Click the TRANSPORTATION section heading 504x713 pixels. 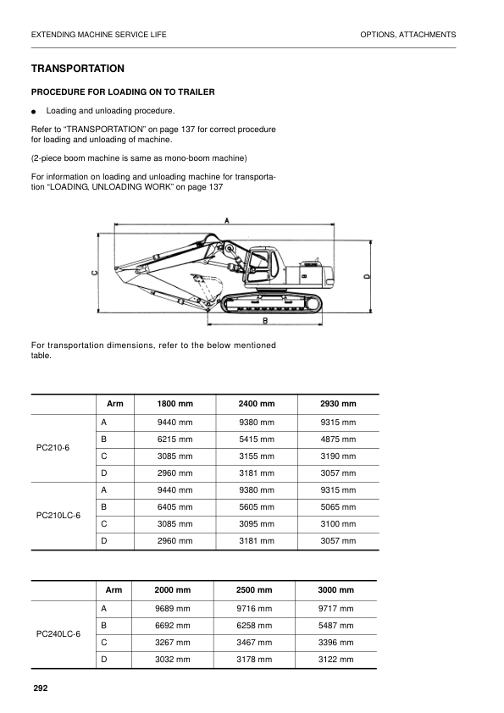click(78, 69)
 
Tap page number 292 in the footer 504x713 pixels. click(40, 688)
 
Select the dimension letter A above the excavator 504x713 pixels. click(227, 220)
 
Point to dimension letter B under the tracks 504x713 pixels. click(265, 321)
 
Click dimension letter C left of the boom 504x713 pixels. click(94, 273)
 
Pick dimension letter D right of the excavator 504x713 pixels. click(366, 276)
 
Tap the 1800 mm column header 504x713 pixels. click(175, 404)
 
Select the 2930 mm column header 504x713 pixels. click(338, 404)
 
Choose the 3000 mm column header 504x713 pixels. click(335, 590)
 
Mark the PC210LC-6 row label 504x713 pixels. click(58, 515)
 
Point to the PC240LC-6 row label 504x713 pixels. click(58, 633)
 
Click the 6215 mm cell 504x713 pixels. click(175, 439)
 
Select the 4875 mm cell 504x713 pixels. click(338, 439)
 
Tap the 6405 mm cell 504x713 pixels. click(175, 506)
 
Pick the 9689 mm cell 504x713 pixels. click(172, 609)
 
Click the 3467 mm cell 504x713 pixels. click(254, 643)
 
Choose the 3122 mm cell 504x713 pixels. click(335, 660)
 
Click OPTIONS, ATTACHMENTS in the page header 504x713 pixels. click(407, 35)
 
